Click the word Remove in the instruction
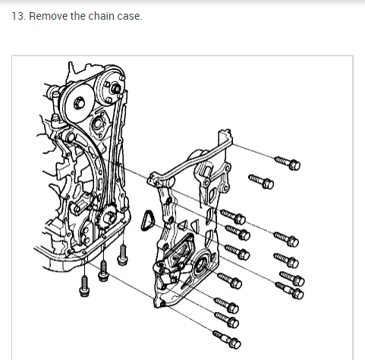[x=49, y=16]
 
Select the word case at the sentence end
[x=128, y=17]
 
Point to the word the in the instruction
[x=78, y=16]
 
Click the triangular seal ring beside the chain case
[x=147, y=221]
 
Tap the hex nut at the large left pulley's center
[x=80, y=104]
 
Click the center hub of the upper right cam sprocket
[x=115, y=87]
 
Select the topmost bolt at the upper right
[x=288, y=163]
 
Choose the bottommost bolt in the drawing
[x=227, y=340]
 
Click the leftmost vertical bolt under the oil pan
[x=84, y=286]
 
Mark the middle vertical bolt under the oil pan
[x=103, y=271]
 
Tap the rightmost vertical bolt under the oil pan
[x=122, y=255]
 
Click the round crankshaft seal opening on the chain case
[x=200, y=264]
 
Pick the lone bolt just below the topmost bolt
[x=261, y=182]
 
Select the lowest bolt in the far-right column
[x=290, y=291]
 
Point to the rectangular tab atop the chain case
[x=224, y=137]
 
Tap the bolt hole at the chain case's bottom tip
[x=163, y=303]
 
